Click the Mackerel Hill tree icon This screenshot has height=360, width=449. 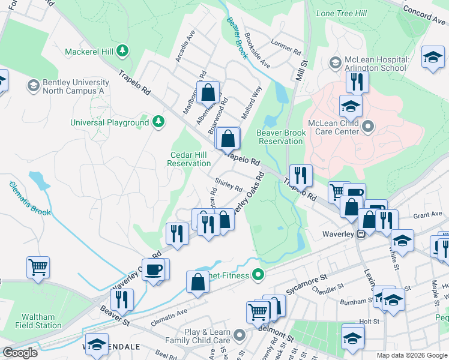click(x=123, y=50)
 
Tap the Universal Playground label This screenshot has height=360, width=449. click(x=109, y=122)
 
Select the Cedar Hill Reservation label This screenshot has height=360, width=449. click(x=189, y=159)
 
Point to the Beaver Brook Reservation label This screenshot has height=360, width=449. click(x=280, y=137)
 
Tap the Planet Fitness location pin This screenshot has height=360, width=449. click(x=259, y=275)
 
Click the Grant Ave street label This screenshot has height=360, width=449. click(x=427, y=215)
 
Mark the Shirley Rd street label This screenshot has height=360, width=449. click(x=229, y=185)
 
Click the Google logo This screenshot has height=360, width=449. click(x=20, y=353)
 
